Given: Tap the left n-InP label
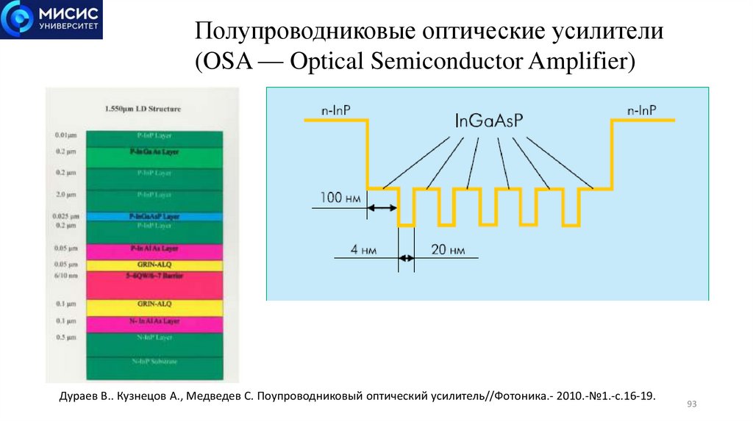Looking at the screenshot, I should coord(335,110).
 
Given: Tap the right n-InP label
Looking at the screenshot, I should coord(642,110).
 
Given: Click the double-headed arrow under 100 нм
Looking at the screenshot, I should coord(382,209).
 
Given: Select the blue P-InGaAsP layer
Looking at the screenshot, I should coord(154,217).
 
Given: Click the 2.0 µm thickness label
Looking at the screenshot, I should coord(65,195).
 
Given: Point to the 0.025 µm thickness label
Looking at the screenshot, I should coord(65,216).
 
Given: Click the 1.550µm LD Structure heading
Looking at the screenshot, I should coord(143,109).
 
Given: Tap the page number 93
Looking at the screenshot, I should coord(690,404).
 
